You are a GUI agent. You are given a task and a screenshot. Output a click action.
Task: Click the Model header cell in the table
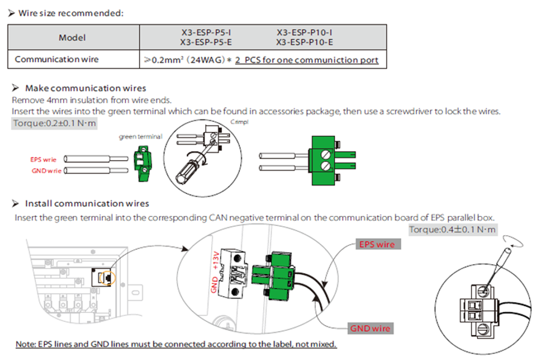click(73, 38)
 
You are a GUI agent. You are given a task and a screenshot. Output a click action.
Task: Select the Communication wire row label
click(57, 59)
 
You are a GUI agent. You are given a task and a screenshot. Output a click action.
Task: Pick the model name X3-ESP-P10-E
click(304, 42)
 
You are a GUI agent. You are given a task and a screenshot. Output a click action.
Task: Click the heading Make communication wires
click(86, 88)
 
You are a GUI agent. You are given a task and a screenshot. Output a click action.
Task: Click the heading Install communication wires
click(87, 204)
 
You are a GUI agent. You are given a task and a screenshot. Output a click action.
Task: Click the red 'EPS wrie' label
click(43, 160)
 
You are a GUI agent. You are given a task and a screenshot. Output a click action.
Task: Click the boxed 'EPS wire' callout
click(377, 245)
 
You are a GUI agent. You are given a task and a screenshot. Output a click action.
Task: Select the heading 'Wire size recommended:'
click(71, 13)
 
